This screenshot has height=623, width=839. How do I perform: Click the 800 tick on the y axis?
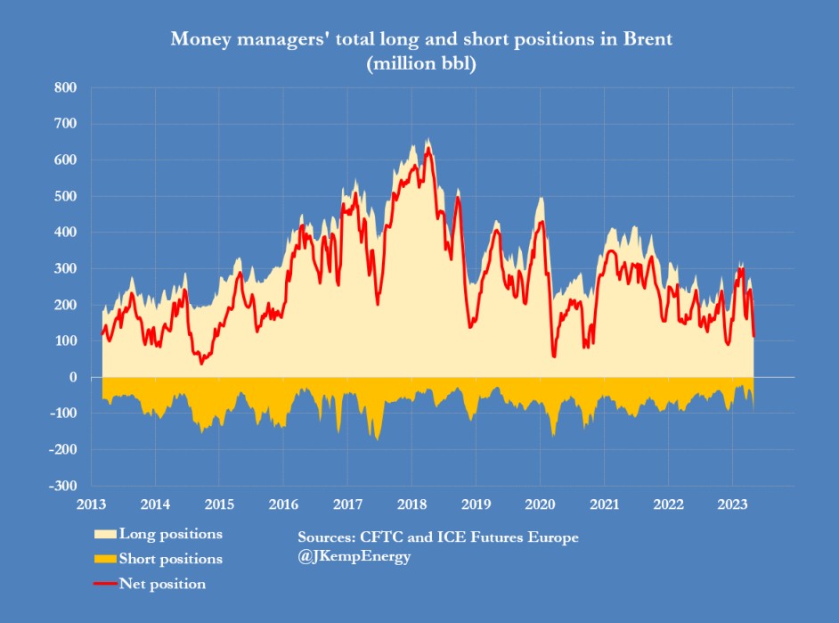pyautogui.click(x=64, y=87)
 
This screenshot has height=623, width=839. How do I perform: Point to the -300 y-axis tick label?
pyautogui.click(x=61, y=486)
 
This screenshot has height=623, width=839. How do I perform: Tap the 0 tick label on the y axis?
pyautogui.click(x=71, y=377)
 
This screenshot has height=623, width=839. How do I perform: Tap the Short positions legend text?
pyautogui.click(x=170, y=559)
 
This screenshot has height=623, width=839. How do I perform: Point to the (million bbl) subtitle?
pyautogui.click(x=418, y=64)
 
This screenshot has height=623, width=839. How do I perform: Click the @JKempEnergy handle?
pyautogui.click(x=354, y=557)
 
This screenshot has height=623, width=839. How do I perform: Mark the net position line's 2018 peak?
pyautogui.click(x=428, y=148)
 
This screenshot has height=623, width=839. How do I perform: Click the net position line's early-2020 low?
pyautogui.click(x=554, y=357)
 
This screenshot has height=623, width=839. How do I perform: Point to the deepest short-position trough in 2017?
pyautogui.click(x=378, y=439)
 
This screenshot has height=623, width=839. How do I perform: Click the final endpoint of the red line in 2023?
pyautogui.click(x=753, y=336)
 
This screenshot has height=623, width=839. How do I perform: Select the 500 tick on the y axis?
pyautogui.click(x=64, y=196)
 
